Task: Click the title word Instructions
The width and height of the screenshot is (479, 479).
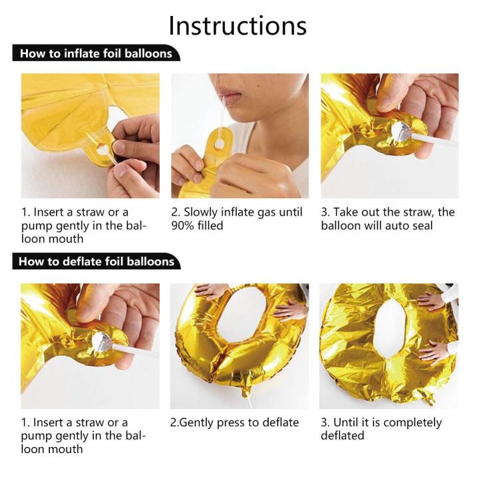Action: pos(238,26)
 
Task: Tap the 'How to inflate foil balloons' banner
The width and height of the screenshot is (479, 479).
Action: pos(96,53)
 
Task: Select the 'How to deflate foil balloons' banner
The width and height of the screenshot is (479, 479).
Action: pos(96,261)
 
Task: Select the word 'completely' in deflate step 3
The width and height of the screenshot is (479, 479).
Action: pos(412,423)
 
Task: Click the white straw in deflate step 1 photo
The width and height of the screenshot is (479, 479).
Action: pos(135,349)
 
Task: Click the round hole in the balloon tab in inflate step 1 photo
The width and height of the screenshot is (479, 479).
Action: pos(102,150)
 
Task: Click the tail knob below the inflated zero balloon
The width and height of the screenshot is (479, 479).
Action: pos(246,391)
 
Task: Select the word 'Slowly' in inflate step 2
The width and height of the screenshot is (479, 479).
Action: pos(200,213)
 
